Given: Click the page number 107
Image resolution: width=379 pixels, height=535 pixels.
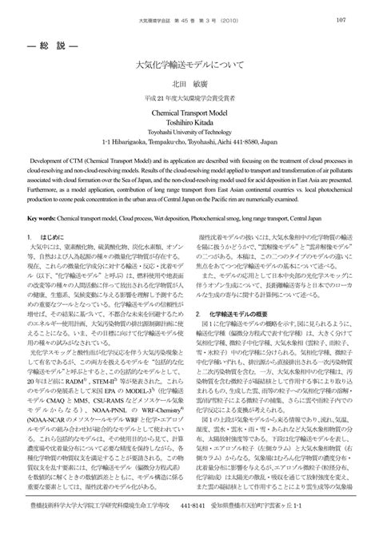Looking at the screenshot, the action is tap(340, 21).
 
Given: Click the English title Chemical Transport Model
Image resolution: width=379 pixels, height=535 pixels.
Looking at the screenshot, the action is tap(189, 113).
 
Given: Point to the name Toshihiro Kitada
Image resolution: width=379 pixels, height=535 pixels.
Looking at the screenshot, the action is tap(189, 124).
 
